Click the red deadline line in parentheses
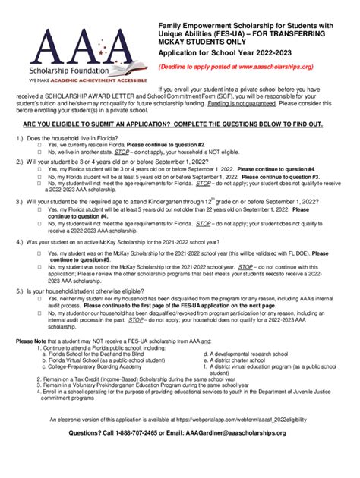[x=246, y=67]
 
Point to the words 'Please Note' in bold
[x=32, y=341]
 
